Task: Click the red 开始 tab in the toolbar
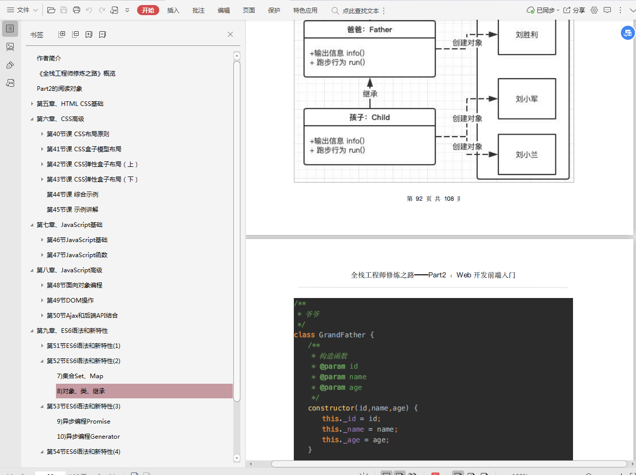point(148,11)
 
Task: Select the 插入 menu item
point(173,11)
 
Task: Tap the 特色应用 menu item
point(305,11)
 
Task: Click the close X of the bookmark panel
point(230,34)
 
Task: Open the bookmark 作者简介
point(49,58)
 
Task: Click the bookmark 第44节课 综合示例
point(73,195)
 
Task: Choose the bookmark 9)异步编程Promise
point(84,422)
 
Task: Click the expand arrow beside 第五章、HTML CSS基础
point(32,104)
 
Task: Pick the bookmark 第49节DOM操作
point(70,300)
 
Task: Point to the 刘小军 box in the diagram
point(527,99)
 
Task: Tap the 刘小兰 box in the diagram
point(527,154)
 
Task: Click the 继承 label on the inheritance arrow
point(370,94)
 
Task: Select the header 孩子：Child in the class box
point(369,117)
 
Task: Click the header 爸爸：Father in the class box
point(369,30)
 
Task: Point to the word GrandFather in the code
point(342,335)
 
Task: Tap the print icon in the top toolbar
point(77,10)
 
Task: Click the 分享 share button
point(575,11)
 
